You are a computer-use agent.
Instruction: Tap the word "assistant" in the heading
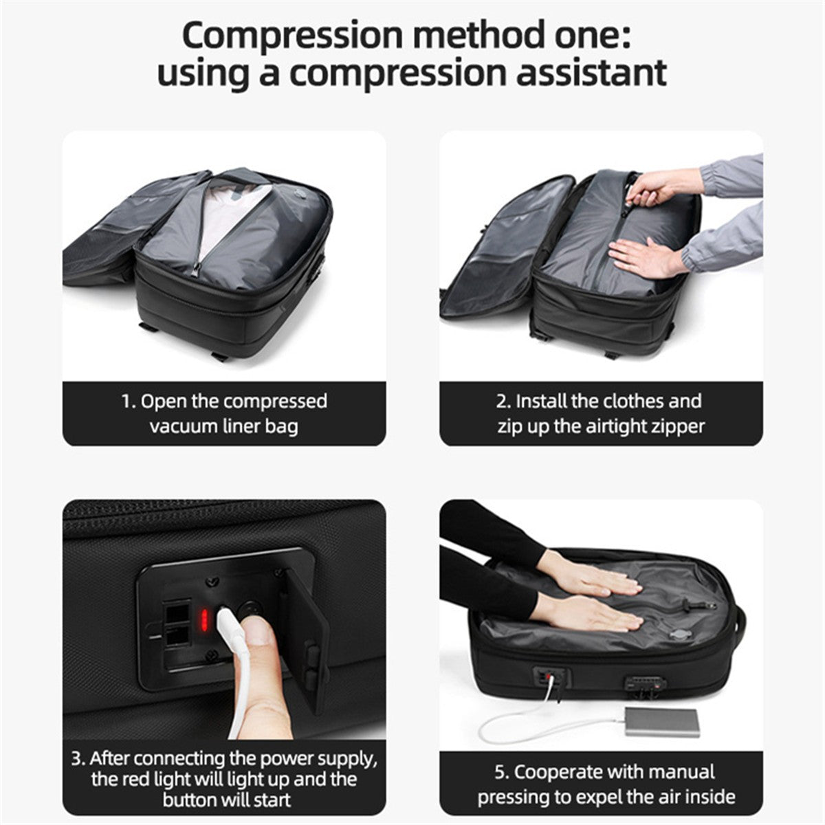[x=591, y=73]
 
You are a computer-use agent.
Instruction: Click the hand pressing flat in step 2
[x=644, y=257]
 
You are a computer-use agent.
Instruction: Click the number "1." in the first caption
[x=129, y=401]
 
